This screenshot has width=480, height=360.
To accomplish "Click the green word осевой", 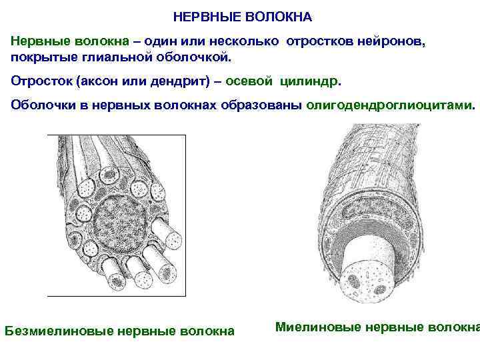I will point(250,81).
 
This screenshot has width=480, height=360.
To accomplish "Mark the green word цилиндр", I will point(309,81).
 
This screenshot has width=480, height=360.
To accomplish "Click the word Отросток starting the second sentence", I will point(40,81).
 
